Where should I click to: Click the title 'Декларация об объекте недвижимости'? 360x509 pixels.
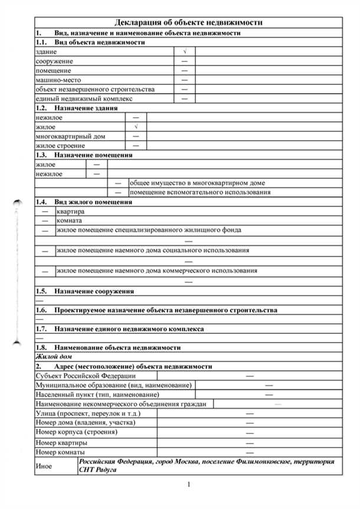click(187, 22)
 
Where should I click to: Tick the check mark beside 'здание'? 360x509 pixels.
click(185, 52)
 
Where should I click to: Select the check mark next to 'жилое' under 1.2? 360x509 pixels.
click(136, 127)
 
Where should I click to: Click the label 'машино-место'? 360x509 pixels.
click(58, 80)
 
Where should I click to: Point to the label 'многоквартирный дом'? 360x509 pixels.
click(71, 136)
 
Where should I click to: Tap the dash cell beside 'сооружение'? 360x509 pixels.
click(185, 61)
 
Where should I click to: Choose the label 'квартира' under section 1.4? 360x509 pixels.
click(70, 211)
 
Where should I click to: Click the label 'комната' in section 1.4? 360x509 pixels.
click(69, 221)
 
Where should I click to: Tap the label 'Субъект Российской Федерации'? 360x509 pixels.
click(86, 376)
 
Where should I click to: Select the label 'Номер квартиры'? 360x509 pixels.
click(62, 442)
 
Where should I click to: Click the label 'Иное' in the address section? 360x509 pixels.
click(44, 466)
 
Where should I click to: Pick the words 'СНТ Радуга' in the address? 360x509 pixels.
click(98, 471)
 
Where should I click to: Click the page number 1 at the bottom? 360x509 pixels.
click(188, 485)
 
